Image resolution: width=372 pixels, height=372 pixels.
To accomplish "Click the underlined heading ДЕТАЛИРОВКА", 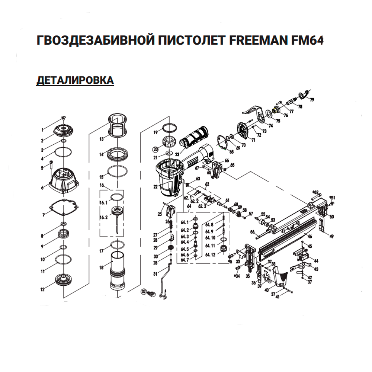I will [75, 80].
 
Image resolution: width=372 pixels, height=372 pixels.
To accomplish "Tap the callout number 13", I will [101, 139].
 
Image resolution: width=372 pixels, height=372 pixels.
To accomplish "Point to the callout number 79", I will [312, 100].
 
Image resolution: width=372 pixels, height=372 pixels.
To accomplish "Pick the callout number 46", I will [310, 236].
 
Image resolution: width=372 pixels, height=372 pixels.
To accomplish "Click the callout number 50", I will [332, 217].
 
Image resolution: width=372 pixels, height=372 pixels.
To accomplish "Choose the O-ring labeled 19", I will [170, 127].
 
